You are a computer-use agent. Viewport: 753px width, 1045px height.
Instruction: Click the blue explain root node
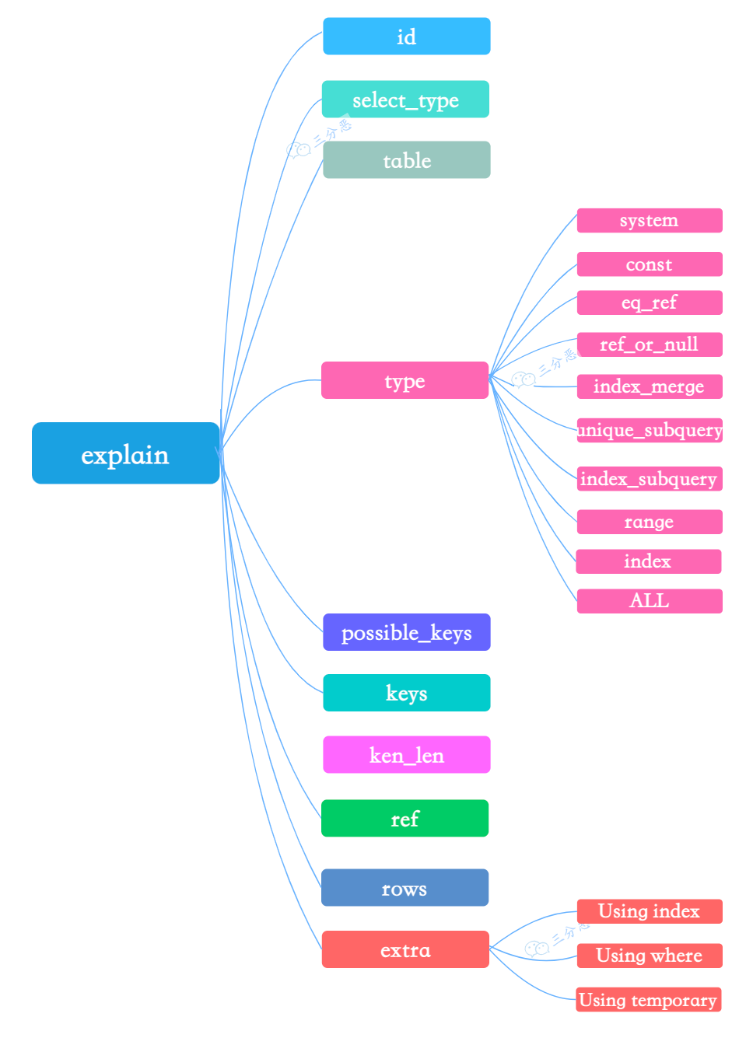point(125,453)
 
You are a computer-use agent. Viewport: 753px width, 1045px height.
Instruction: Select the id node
point(406,37)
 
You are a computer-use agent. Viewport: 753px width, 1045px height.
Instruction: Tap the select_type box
point(405,100)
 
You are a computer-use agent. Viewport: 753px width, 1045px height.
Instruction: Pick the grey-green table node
point(406,160)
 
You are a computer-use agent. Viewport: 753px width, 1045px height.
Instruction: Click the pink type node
point(405,380)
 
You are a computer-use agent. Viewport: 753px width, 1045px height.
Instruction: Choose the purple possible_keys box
point(406,632)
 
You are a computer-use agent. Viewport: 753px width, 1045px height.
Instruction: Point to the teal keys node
point(406,693)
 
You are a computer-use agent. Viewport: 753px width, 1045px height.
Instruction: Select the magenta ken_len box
point(406,755)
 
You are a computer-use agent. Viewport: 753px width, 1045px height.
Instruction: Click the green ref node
point(405,819)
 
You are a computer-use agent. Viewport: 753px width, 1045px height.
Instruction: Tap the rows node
point(405,888)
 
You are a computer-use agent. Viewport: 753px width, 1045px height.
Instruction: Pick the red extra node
point(405,949)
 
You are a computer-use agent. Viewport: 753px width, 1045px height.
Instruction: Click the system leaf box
point(649,221)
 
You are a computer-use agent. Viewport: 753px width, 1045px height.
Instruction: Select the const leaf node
point(649,264)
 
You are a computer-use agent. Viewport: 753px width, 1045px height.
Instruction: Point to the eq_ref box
point(649,302)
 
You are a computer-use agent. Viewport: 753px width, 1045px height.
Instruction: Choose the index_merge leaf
point(649,386)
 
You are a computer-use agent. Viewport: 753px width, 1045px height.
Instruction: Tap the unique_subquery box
point(649,430)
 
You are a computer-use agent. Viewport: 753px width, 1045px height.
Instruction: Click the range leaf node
point(649,522)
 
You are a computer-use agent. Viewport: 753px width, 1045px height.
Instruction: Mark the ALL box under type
point(649,601)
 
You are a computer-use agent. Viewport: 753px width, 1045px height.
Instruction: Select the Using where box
point(649,956)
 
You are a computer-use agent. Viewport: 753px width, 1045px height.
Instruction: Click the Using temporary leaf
point(648,1000)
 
